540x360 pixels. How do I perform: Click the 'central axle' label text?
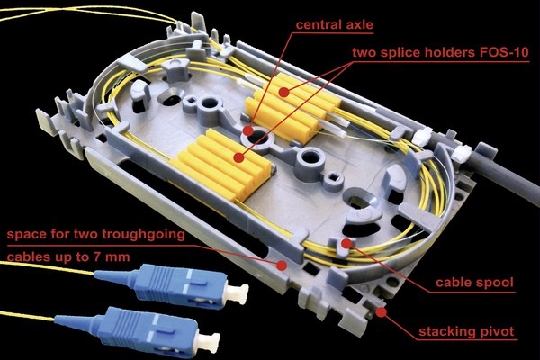click(x=335, y=24)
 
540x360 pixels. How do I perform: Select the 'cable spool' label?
click(x=474, y=282)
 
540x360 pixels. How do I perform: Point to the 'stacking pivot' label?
click(x=466, y=331)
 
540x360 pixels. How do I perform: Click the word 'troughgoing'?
click(x=143, y=235)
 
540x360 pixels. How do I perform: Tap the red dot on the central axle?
click(x=247, y=130)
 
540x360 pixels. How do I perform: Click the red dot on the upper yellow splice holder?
click(x=283, y=92)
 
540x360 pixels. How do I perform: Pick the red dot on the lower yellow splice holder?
click(x=238, y=157)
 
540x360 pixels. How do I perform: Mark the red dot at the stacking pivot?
click(x=381, y=312)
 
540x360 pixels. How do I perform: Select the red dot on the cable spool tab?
click(x=346, y=244)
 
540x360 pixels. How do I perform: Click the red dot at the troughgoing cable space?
click(x=282, y=265)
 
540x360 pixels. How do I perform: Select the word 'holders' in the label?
click(x=449, y=52)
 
